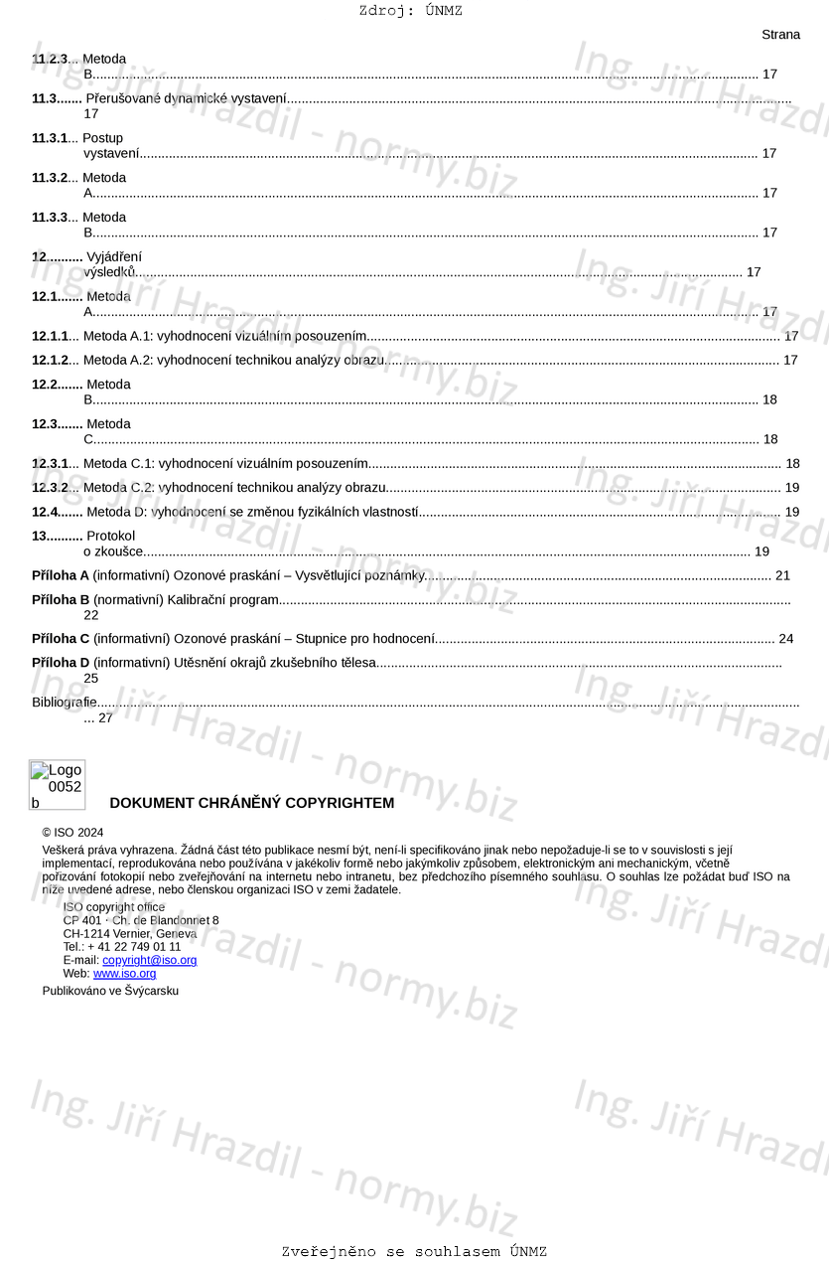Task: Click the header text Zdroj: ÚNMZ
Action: click(x=410, y=11)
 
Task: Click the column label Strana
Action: click(x=780, y=35)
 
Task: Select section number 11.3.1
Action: click(x=50, y=138)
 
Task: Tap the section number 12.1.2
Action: click(x=50, y=360)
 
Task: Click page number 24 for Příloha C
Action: click(x=785, y=639)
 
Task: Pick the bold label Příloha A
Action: click(x=61, y=575)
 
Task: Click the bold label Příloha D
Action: click(x=61, y=663)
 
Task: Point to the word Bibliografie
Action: click(x=65, y=703)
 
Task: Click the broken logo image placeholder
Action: click(x=57, y=785)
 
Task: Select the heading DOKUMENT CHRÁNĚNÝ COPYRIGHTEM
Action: click(x=251, y=803)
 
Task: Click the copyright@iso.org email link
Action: click(x=149, y=960)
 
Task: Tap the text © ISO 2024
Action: click(x=72, y=833)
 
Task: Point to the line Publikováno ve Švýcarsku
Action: click(x=110, y=991)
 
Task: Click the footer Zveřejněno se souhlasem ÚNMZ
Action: click(x=414, y=1252)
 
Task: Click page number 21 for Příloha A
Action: click(x=782, y=575)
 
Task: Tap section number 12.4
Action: click(x=57, y=512)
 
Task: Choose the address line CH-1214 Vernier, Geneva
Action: click(x=130, y=934)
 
